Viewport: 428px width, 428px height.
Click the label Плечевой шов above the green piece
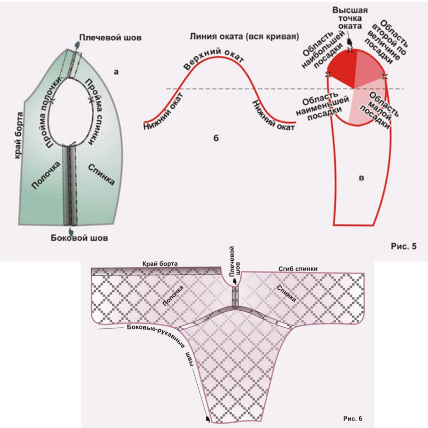click(110, 37)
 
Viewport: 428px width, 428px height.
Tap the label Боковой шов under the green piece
click(79, 238)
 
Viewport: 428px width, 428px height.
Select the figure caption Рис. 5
click(403, 246)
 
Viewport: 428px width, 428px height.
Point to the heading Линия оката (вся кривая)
click(244, 36)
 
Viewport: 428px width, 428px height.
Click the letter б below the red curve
click(216, 138)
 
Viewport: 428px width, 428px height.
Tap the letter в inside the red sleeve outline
click(361, 178)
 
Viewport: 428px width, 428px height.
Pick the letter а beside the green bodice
click(116, 72)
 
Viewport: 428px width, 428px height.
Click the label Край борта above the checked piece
click(160, 264)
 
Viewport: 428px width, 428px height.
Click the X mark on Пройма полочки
click(52, 101)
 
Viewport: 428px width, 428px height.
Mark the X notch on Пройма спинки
click(91, 100)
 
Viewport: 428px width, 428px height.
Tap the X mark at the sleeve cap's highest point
click(351, 50)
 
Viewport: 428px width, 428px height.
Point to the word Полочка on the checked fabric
click(173, 296)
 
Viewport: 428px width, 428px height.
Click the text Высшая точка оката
click(350, 18)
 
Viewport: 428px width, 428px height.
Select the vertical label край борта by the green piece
click(19, 136)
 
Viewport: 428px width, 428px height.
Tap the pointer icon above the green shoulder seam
click(77, 45)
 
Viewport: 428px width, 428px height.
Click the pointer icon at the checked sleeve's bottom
click(208, 419)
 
